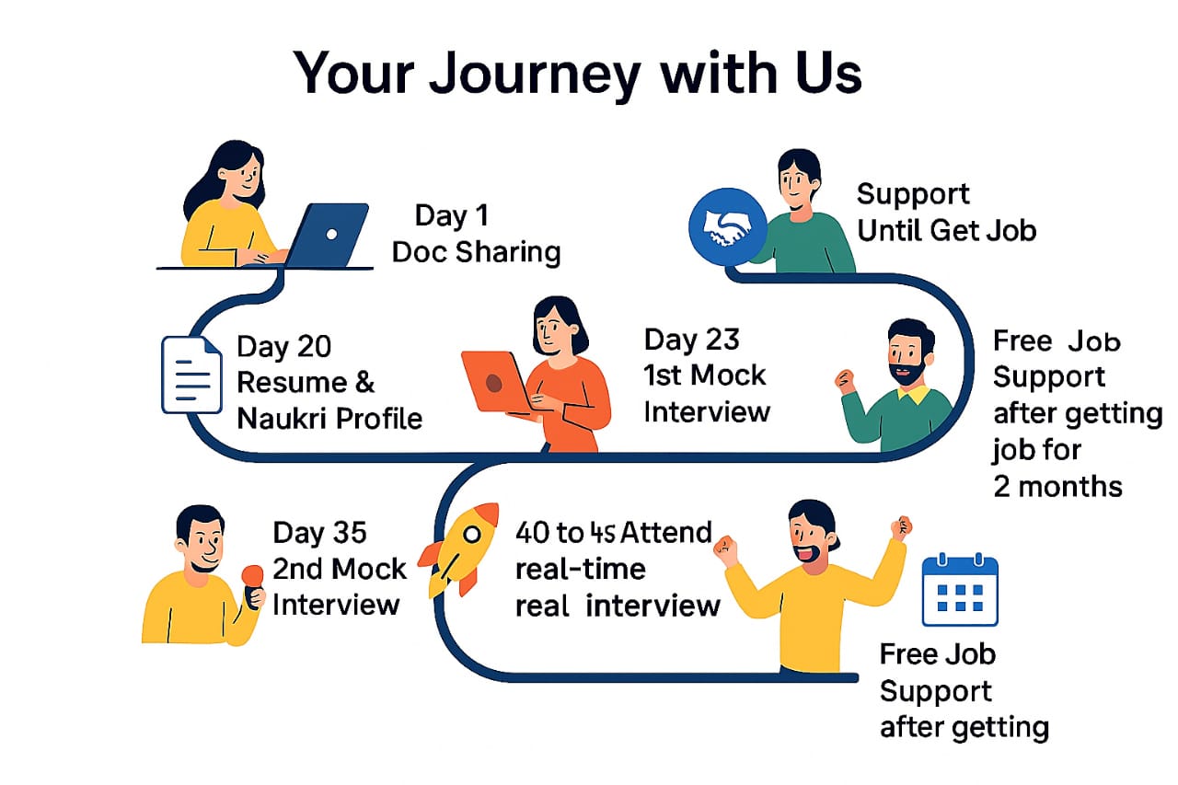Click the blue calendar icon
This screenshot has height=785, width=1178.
[960, 590]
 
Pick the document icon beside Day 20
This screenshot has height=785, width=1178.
[191, 374]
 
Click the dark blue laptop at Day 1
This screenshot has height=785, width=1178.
[328, 235]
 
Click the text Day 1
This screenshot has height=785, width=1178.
[453, 215]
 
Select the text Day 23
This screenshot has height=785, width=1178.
[691, 340]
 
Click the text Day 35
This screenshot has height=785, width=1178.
[319, 533]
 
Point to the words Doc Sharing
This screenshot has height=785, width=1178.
[476, 252]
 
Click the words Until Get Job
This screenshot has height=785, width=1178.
[946, 229]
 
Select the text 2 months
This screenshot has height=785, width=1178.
[1057, 485]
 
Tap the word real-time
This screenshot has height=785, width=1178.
[580, 569]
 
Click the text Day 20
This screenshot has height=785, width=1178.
[283, 346]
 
